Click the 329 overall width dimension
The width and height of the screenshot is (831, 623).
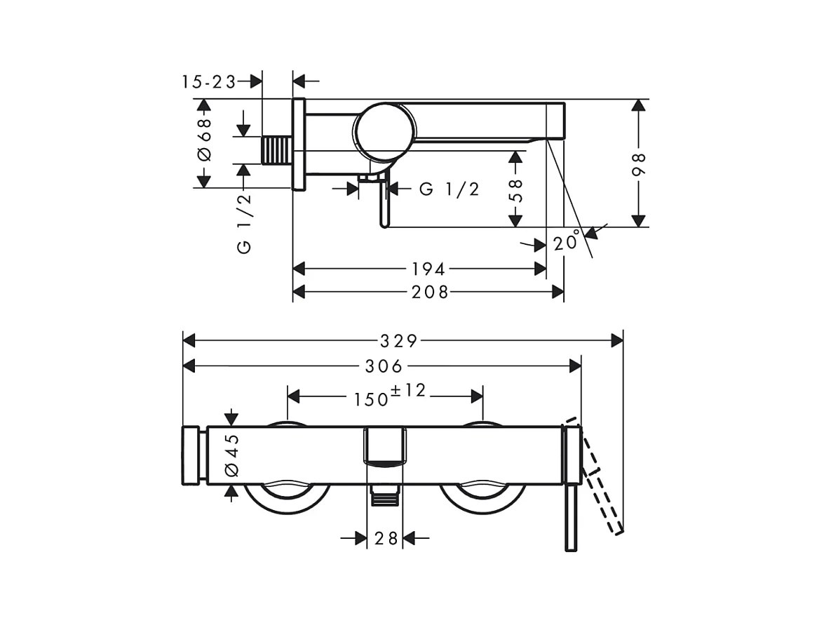click(x=398, y=341)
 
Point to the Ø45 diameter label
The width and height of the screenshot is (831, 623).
click(x=231, y=455)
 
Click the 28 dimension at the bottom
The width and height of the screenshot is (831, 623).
click(x=385, y=538)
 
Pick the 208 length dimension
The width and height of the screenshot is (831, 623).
click(x=430, y=292)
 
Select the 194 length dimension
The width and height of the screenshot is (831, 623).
click(x=428, y=269)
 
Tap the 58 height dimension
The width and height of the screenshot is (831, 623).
click(x=515, y=189)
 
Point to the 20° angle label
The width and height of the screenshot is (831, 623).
click(x=567, y=242)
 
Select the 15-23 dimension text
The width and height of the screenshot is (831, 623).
click(x=208, y=81)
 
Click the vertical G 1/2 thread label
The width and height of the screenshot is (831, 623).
click(x=244, y=222)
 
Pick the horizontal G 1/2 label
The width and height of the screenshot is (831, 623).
click(x=450, y=189)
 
